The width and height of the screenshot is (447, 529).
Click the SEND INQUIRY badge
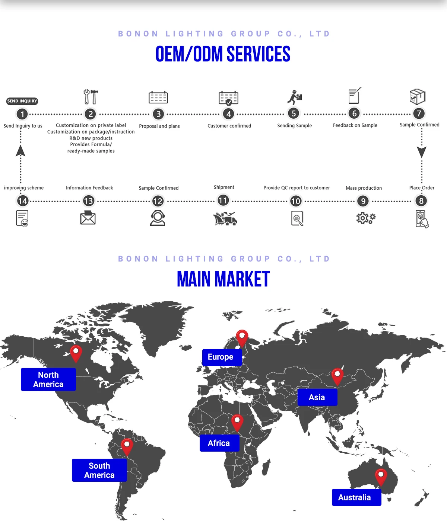tap(22, 101)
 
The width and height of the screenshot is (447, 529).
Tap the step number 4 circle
tap(229, 114)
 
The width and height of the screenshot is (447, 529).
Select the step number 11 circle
tap(223, 201)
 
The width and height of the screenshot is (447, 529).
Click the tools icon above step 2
tap(91, 97)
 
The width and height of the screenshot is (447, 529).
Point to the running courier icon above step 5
tap(295, 97)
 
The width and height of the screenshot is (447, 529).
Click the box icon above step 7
tap(417, 97)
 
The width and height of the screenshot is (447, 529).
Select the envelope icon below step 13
tap(88, 218)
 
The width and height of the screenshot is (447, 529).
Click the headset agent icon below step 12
tap(158, 218)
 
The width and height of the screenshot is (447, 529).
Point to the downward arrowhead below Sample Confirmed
tap(422, 152)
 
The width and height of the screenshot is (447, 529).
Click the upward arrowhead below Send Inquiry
tap(21, 151)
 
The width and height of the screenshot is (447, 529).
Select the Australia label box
tap(356, 497)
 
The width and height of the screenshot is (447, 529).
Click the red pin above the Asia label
tap(337, 376)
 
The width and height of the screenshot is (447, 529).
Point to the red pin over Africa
tap(237, 423)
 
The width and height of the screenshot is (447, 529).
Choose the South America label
tap(99, 470)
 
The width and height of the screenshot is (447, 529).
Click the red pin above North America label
tap(76, 353)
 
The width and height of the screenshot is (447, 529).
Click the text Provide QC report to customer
tap(297, 188)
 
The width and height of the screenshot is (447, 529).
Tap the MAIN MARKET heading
tap(223, 279)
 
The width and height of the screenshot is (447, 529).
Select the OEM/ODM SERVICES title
tap(223, 54)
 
